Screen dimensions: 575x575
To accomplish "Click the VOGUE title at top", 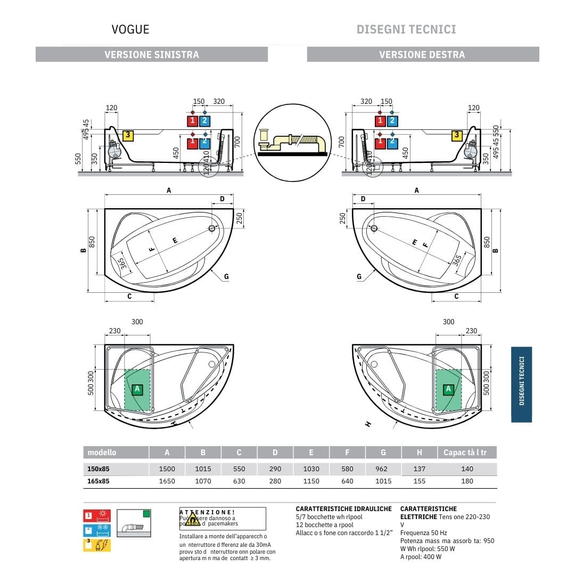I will tap(130, 29).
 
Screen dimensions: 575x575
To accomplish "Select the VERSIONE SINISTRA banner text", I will tap(152, 54).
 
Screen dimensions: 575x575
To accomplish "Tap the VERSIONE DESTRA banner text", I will tap(422, 54).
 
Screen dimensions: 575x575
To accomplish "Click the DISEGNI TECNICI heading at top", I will tap(406, 29).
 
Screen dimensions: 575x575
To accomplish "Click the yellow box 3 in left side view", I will tap(128, 135).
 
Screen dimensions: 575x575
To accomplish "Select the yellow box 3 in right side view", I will tap(457, 135).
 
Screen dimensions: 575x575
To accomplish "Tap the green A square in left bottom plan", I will tap(137, 389).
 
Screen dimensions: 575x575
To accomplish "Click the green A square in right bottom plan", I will tap(448, 389).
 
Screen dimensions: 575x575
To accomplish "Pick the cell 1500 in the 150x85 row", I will tap(167, 469).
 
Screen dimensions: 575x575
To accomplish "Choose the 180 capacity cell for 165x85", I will tap(467, 481).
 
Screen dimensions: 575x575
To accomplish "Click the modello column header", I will tap(102, 453).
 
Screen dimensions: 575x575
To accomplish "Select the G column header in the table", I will tap(383, 453).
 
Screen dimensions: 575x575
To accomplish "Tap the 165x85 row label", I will tap(98, 481).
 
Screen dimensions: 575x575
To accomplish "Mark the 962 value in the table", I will tap(381, 469).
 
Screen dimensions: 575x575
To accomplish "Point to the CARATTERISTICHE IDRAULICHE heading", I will tap(343, 509).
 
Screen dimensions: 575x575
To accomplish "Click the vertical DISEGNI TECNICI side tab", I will tap(522, 384).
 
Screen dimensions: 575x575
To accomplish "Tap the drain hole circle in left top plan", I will tap(212, 228).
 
